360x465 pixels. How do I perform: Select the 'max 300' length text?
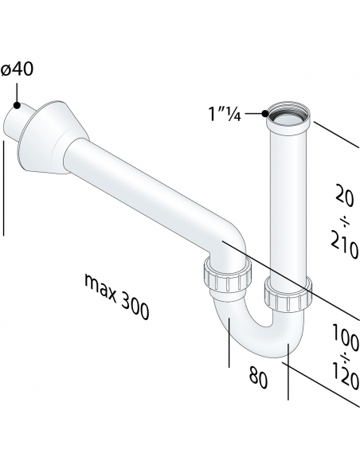tap(115, 295)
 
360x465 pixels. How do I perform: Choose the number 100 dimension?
tap(344, 341)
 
